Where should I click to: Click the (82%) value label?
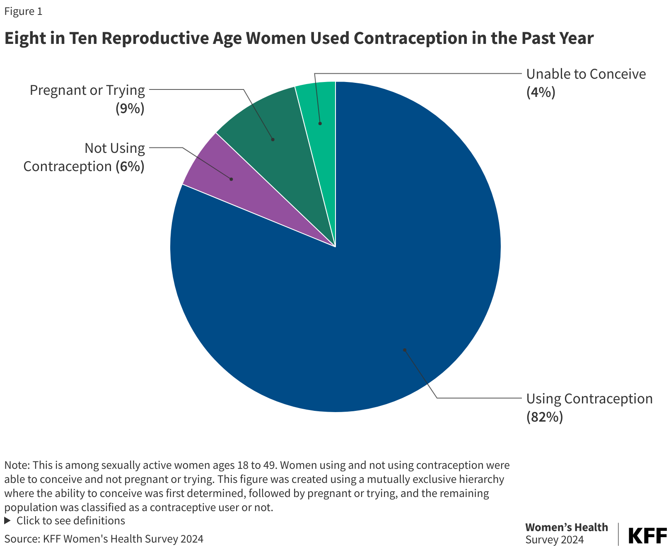click(544, 417)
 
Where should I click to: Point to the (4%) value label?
click(541, 92)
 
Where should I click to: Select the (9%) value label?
click(130, 108)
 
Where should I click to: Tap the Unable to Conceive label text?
click(586, 74)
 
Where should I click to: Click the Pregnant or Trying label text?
click(87, 90)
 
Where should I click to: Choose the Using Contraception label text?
click(589, 398)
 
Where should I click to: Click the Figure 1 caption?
click(23, 11)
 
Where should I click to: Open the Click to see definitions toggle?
click(70, 521)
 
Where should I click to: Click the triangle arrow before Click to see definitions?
click(7, 521)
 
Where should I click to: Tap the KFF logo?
click(647, 536)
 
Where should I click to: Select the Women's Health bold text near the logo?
click(566, 527)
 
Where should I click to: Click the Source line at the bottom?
click(104, 539)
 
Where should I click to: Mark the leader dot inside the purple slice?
click(231, 179)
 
